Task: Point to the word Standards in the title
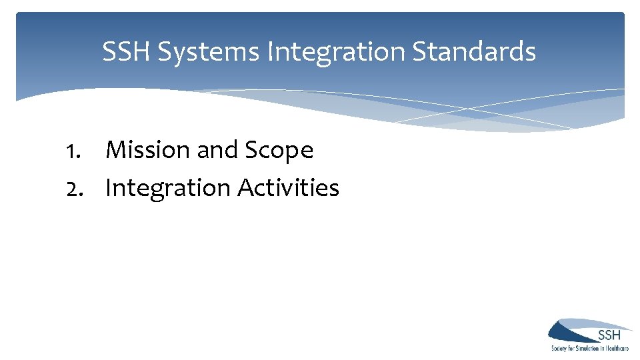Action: (x=474, y=51)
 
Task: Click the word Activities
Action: (x=288, y=189)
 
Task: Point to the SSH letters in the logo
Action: (x=609, y=335)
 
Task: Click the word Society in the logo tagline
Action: (x=560, y=349)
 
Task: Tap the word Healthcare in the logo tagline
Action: (x=617, y=349)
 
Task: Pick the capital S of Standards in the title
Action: (x=420, y=51)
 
